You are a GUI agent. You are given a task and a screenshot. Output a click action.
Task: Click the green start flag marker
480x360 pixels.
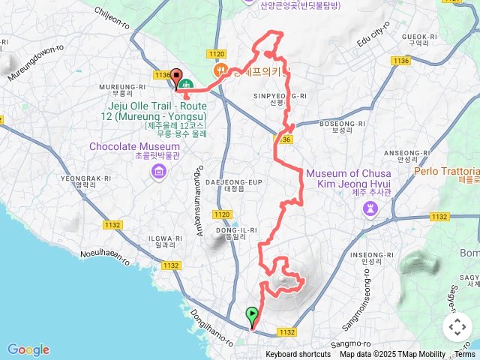click(253, 316)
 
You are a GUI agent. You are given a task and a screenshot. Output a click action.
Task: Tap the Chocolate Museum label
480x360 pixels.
click(134, 146)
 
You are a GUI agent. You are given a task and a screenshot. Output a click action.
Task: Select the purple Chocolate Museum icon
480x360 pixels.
click(158, 172)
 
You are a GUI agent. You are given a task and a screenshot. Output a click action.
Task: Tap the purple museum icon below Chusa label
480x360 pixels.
click(370, 208)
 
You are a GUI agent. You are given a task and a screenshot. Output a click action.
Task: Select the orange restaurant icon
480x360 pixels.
click(220, 70)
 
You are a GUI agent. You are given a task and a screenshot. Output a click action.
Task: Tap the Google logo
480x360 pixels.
click(28, 349)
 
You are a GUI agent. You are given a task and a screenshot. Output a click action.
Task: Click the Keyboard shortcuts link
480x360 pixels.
click(298, 355)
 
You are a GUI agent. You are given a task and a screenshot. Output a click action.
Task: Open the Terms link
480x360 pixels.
click(465, 355)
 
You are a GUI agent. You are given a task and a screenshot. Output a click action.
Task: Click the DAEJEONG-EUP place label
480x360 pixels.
click(243, 181)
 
